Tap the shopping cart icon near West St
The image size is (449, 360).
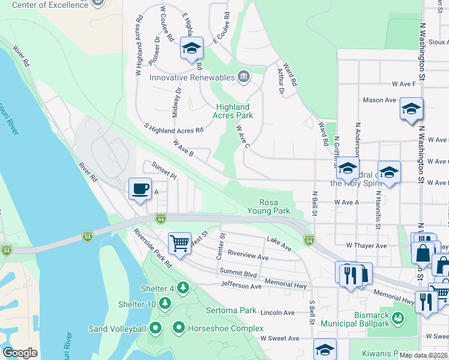click(x=179, y=243)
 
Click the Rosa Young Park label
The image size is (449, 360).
click(x=274, y=206)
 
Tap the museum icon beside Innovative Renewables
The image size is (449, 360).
click(x=243, y=76)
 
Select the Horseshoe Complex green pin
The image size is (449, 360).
click(x=178, y=328)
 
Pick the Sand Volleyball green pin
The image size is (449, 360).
click(x=155, y=328)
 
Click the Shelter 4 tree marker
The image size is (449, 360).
click(x=182, y=288)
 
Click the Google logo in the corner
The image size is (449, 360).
click(x=20, y=352)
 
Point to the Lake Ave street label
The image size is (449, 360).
click(x=279, y=242)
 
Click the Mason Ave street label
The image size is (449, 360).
click(x=378, y=100)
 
